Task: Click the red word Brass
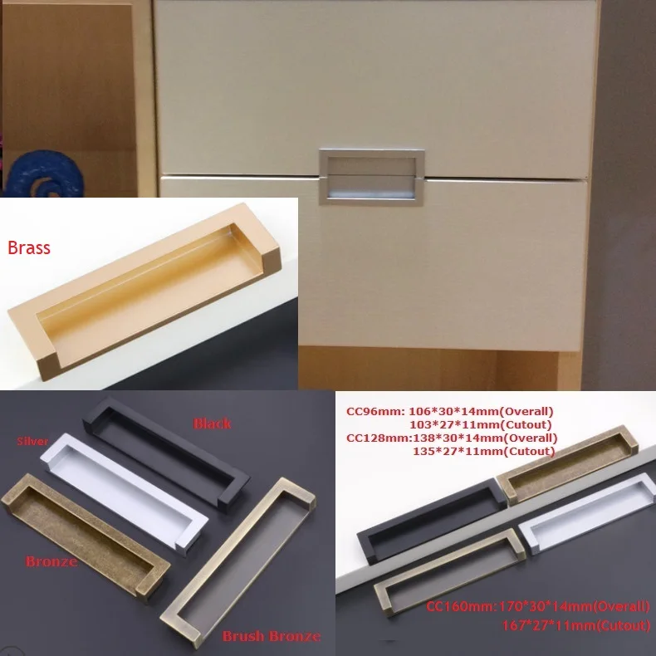pyautogui.click(x=29, y=247)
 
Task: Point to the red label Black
pyautogui.click(x=213, y=423)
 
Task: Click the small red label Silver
pyautogui.click(x=33, y=442)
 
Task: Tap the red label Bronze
pyautogui.click(x=51, y=561)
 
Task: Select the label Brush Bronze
pyautogui.click(x=271, y=636)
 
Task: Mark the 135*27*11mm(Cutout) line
pyautogui.click(x=483, y=451)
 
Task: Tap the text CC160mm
pyautogui.click(x=453, y=607)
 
